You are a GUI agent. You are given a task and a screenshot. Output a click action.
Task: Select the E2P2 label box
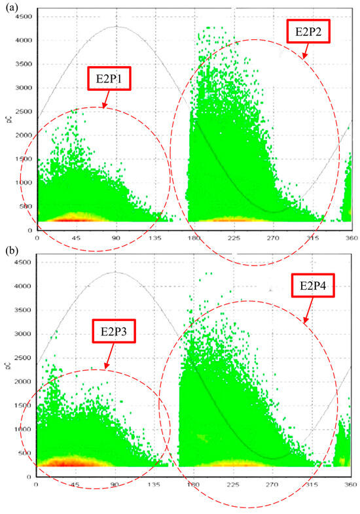[308, 29]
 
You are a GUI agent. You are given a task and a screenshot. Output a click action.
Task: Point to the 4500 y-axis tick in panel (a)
[24, 16]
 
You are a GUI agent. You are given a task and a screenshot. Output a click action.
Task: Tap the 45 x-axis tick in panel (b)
[75, 485]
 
